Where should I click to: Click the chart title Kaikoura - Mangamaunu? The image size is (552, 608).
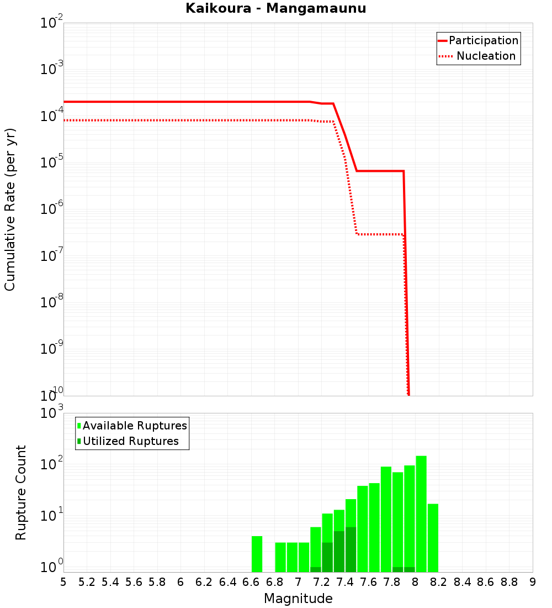coord(275,8)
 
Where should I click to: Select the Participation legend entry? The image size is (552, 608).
coord(478,41)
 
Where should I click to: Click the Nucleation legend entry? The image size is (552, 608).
coord(478,56)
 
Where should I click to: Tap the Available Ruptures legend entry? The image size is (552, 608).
coord(132,426)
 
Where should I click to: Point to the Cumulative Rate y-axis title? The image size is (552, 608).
coord(10,209)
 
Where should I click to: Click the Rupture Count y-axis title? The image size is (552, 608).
coord(21,492)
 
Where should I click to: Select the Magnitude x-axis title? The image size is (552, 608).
coord(298,599)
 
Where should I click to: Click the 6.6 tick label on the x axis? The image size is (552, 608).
coord(251,582)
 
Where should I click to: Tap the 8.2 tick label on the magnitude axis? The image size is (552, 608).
coord(439,582)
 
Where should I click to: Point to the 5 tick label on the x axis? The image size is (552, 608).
coord(63,582)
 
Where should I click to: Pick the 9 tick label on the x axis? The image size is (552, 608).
coord(533,582)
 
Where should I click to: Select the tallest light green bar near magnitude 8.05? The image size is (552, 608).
coord(421,514)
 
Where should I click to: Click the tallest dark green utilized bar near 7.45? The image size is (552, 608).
coord(351,549)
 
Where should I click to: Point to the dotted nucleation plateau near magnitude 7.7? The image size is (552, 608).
coord(381,234)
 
